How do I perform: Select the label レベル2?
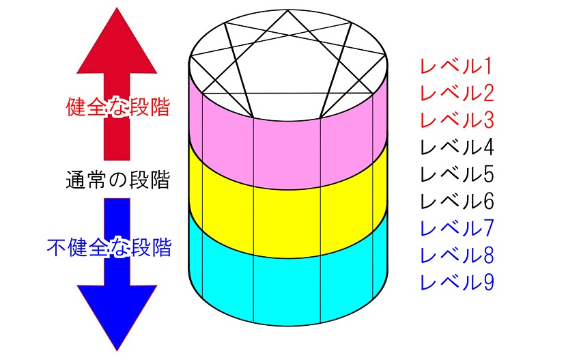[x=456, y=93]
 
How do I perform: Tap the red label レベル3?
[x=456, y=120]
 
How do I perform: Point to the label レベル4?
[x=456, y=148]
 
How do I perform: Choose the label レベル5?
[x=456, y=175]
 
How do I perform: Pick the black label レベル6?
[x=456, y=202]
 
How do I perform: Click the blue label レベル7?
[x=456, y=227]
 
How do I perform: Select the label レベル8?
[x=456, y=255]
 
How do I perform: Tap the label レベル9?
[x=456, y=281]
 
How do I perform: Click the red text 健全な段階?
[x=117, y=108]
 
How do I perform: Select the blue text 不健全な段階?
[x=109, y=247]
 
